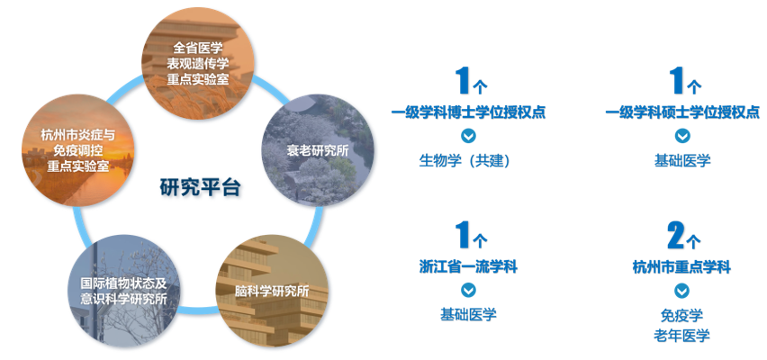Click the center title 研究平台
click(x=201, y=187)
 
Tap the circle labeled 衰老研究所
click(x=318, y=149)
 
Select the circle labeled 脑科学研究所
click(x=272, y=291)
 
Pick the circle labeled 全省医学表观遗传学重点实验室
click(x=198, y=63)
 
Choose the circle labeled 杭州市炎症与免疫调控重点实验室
click(x=77, y=149)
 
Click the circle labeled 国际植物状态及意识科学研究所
click(x=123, y=291)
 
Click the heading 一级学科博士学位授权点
click(x=468, y=112)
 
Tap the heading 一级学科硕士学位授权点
click(x=682, y=112)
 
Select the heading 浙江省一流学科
click(x=468, y=267)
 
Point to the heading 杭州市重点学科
click(x=681, y=267)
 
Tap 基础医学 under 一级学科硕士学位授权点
click(x=682, y=160)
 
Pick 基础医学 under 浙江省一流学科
click(x=468, y=314)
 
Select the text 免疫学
click(x=681, y=315)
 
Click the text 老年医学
click(x=681, y=336)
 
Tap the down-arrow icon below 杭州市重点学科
click(x=681, y=291)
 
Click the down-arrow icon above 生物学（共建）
click(x=469, y=136)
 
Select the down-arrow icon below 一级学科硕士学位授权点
click(x=682, y=136)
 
